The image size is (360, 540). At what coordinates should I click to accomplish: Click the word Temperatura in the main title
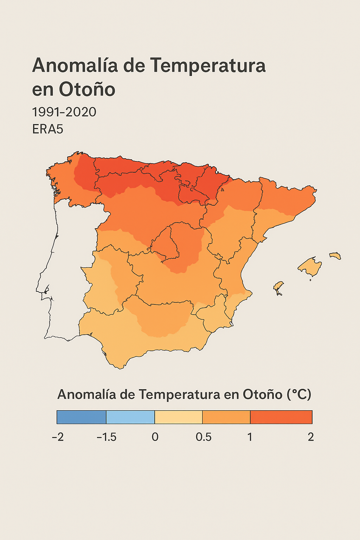point(208,66)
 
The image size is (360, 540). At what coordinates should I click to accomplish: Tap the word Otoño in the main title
point(87,89)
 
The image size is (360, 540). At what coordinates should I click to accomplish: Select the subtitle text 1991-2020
point(64,112)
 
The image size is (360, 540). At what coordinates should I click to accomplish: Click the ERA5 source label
point(47,129)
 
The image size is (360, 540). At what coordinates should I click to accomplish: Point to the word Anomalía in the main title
point(75,66)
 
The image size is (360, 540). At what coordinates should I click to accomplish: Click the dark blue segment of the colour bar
point(82,417)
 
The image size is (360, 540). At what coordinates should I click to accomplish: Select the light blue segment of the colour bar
point(130,417)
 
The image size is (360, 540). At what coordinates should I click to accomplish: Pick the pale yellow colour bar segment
point(179,417)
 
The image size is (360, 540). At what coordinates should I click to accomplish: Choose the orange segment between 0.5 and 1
point(226,417)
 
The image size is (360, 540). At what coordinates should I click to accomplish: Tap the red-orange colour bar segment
point(281,417)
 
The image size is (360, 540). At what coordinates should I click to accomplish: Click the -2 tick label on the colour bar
point(58,437)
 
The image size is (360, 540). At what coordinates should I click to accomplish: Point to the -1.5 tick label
point(107,437)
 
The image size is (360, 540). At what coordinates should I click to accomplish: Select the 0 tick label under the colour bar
point(155,437)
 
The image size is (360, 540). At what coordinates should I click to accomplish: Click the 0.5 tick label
point(204,437)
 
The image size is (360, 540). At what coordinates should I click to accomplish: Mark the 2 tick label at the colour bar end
point(311,437)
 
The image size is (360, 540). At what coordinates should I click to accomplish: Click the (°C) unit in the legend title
point(299,394)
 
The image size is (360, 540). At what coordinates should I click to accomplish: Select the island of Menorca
point(335,256)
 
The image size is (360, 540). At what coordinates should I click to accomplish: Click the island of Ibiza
point(278,287)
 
